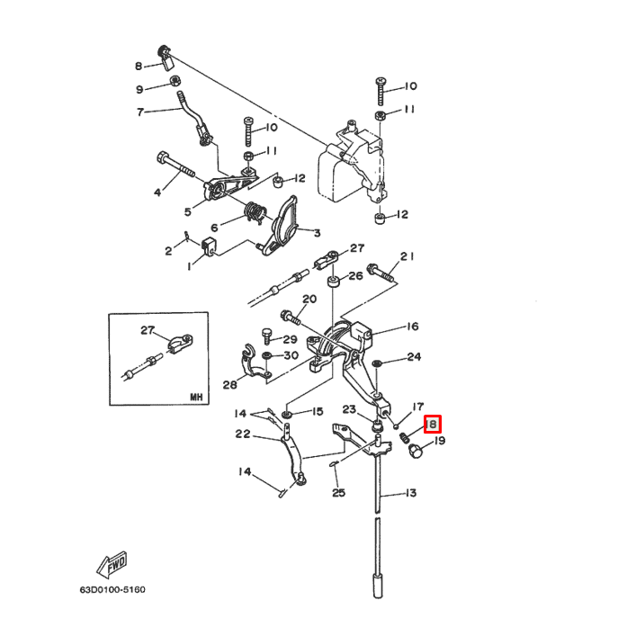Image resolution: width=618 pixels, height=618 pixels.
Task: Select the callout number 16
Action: click(412, 327)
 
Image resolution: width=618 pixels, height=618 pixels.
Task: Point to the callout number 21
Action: click(408, 257)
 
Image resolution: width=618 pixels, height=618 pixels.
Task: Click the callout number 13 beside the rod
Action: click(411, 493)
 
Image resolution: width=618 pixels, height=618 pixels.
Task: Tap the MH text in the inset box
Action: click(196, 396)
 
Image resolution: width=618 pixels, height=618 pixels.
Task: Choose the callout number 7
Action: click(140, 112)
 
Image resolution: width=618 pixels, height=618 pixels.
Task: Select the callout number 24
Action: click(414, 357)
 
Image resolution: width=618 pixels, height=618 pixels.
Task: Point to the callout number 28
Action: click(229, 385)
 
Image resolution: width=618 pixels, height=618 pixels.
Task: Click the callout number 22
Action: click(243, 434)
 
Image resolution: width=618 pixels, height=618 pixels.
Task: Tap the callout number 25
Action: click(338, 492)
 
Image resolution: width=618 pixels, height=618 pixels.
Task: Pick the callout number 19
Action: click(440, 441)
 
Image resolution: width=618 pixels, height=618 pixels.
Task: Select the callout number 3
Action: click(317, 233)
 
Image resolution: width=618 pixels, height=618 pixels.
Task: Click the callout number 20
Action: click(309, 300)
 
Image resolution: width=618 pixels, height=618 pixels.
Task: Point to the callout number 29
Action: click(290, 339)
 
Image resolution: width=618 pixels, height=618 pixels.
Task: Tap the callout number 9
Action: click(140, 89)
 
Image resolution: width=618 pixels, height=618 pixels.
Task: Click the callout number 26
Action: click(356, 275)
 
